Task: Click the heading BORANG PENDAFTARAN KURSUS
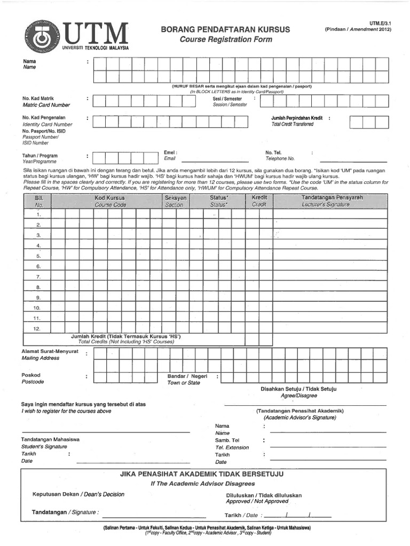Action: pyautogui.click(x=225, y=29)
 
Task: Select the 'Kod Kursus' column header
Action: pyautogui.click(x=110, y=198)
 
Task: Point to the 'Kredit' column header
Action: pyautogui.click(x=259, y=198)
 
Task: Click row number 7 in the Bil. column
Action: pyautogui.click(x=38, y=277)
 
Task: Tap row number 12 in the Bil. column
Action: pyautogui.click(x=37, y=328)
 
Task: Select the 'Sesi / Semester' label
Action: pyautogui.click(x=227, y=99)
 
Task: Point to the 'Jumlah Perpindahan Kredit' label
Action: pyautogui.click(x=297, y=117)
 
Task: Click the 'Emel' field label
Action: pyautogui.click(x=170, y=152)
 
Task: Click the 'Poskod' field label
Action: pyautogui.click(x=30, y=375)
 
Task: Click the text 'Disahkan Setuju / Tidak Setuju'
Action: pyautogui.click(x=298, y=389)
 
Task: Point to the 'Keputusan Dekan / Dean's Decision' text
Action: pyautogui.click(x=78, y=494)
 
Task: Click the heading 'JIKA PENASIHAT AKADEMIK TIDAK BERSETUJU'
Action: pyautogui.click(x=202, y=473)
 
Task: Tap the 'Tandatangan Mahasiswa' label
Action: pyautogui.click(x=50, y=439)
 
